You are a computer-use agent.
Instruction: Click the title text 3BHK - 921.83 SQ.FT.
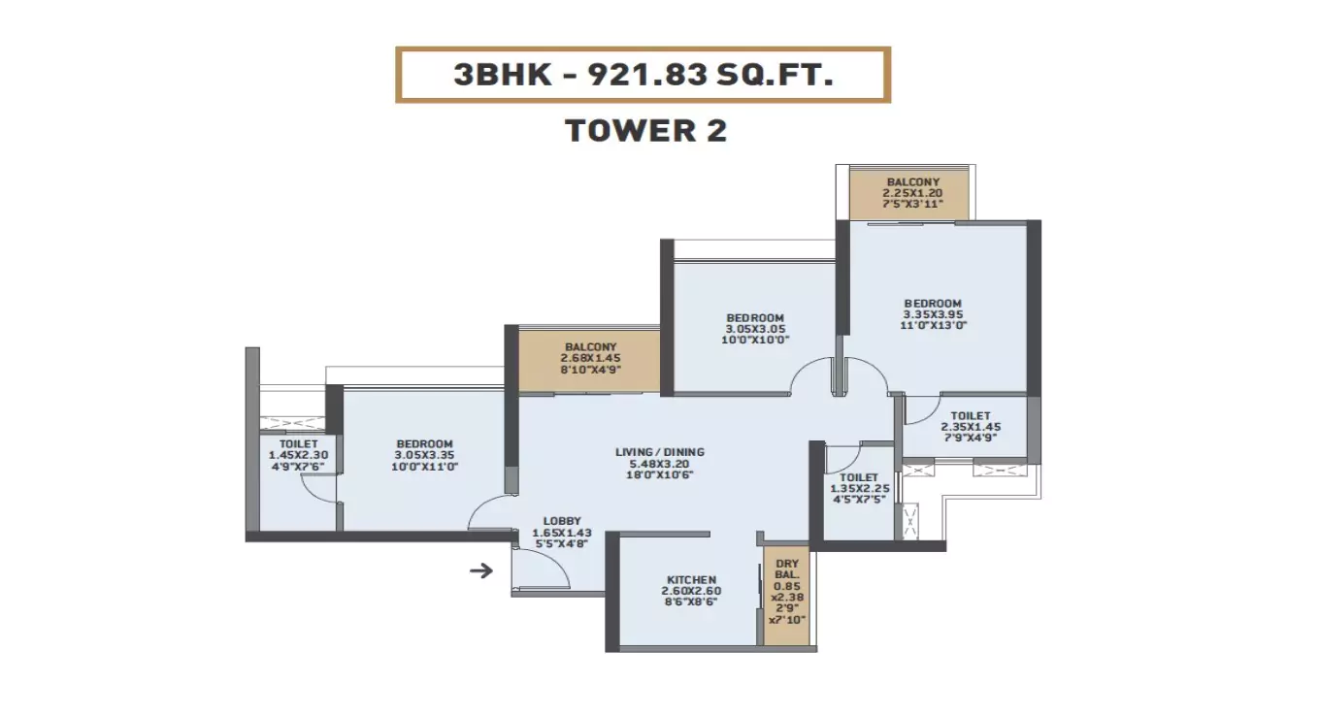click(x=643, y=75)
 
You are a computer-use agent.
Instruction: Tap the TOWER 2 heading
click(x=645, y=130)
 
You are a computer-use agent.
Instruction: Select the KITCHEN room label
click(x=691, y=579)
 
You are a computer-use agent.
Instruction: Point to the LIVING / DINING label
click(x=660, y=452)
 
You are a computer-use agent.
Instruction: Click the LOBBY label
click(x=562, y=521)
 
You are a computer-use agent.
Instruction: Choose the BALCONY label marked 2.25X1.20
click(x=912, y=181)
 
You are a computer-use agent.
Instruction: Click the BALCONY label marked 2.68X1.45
click(x=590, y=347)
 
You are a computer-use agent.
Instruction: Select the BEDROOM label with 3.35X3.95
click(x=932, y=303)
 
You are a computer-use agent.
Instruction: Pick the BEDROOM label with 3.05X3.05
click(x=755, y=318)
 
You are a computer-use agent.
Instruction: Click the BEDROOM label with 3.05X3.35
click(x=425, y=443)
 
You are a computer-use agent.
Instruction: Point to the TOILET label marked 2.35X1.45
click(x=971, y=415)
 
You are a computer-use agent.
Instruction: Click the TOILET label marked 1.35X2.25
click(x=859, y=477)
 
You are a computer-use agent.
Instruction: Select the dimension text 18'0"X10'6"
click(x=660, y=475)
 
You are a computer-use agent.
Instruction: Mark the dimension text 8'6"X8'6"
click(x=691, y=602)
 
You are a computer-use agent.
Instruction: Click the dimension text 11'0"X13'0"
click(x=932, y=326)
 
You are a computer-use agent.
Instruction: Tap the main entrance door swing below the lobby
click(x=539, y=568)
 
